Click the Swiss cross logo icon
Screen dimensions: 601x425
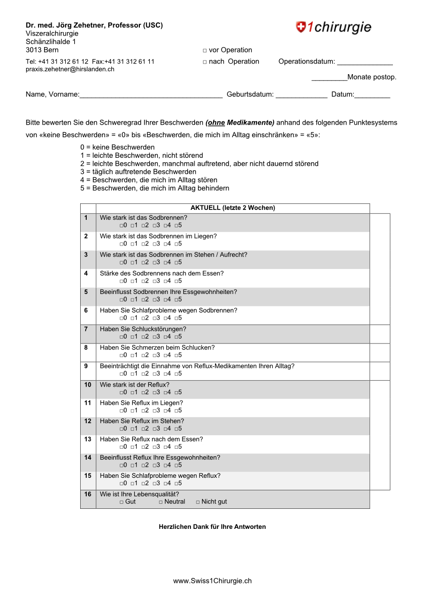[301, 27]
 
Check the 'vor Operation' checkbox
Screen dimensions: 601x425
[205, 51]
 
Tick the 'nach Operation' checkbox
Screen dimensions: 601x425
[205, 62]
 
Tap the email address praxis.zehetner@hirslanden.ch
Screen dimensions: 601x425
[70, 70]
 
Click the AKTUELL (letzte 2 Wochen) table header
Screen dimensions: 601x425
[233, 208]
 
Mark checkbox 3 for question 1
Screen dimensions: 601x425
[155, 225]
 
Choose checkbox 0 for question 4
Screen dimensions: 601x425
[122, 281]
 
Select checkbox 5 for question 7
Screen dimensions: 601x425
[176, 337]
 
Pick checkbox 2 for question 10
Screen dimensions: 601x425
[143, 393]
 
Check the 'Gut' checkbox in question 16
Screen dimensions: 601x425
[122, 502]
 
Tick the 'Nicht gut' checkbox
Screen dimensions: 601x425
[198, 502]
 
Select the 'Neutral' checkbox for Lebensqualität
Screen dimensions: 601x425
[161, 502]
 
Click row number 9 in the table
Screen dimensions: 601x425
[86, 366]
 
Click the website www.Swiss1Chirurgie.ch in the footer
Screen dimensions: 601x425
[212, 581]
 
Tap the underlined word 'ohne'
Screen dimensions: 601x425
[216, 123]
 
